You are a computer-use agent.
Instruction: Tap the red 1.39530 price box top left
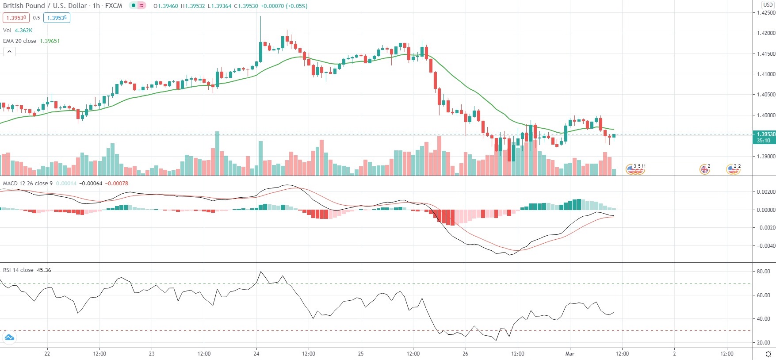pos(16,18)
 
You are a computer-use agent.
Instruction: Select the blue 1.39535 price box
pos(57,18)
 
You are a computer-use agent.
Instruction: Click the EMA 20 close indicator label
pos(20,41)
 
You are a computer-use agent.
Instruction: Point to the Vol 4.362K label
pos(18,31)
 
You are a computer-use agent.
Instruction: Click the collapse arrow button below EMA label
pos(9,52)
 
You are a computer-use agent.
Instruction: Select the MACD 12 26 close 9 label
pos(28,183)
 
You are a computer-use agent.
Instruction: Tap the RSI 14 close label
pos(18,270)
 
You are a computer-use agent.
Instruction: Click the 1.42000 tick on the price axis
pos(766,33)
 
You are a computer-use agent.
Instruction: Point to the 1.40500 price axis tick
pos(766,95)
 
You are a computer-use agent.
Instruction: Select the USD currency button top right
pos(768,4)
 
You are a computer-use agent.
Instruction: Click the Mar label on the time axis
pos(570,353)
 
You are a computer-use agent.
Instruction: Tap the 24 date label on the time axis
pos(256,353)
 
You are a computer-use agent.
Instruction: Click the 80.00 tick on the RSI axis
pos(763,272)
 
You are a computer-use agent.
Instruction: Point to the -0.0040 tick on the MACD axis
pos(765,245)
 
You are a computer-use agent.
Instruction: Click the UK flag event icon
pos(704,169)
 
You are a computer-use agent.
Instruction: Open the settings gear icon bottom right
pos(768,354)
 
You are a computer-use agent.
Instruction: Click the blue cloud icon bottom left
pos(9,338)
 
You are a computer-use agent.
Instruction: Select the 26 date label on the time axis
pos(465,353)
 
